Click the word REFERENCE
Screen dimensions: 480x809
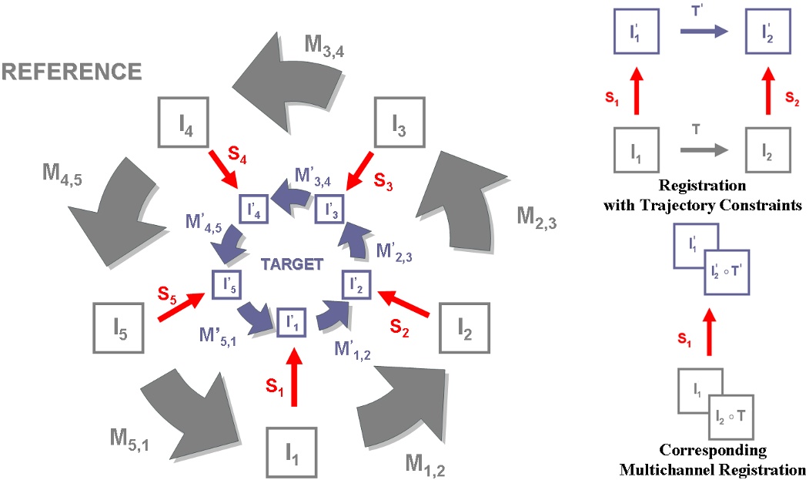click(x=72, y=73)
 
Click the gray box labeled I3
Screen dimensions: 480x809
click(x=399, y=122)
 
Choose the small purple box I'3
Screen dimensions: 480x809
click(x=329, y=208)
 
